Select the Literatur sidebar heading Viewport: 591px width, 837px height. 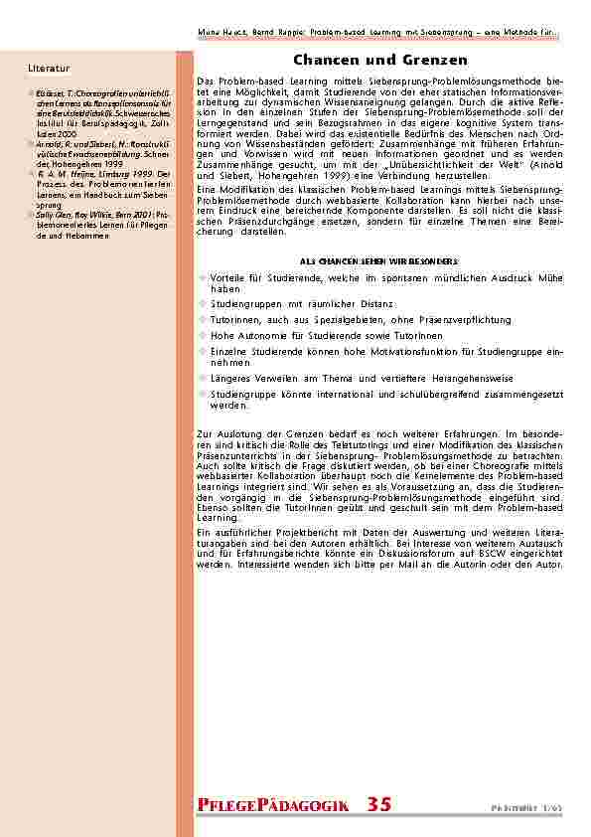coord(49,68)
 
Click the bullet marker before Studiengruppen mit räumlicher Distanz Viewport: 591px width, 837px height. coord(203,303)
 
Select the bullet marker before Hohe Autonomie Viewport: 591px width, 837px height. coord(203,336)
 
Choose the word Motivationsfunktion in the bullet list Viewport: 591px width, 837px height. coord(420,352)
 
